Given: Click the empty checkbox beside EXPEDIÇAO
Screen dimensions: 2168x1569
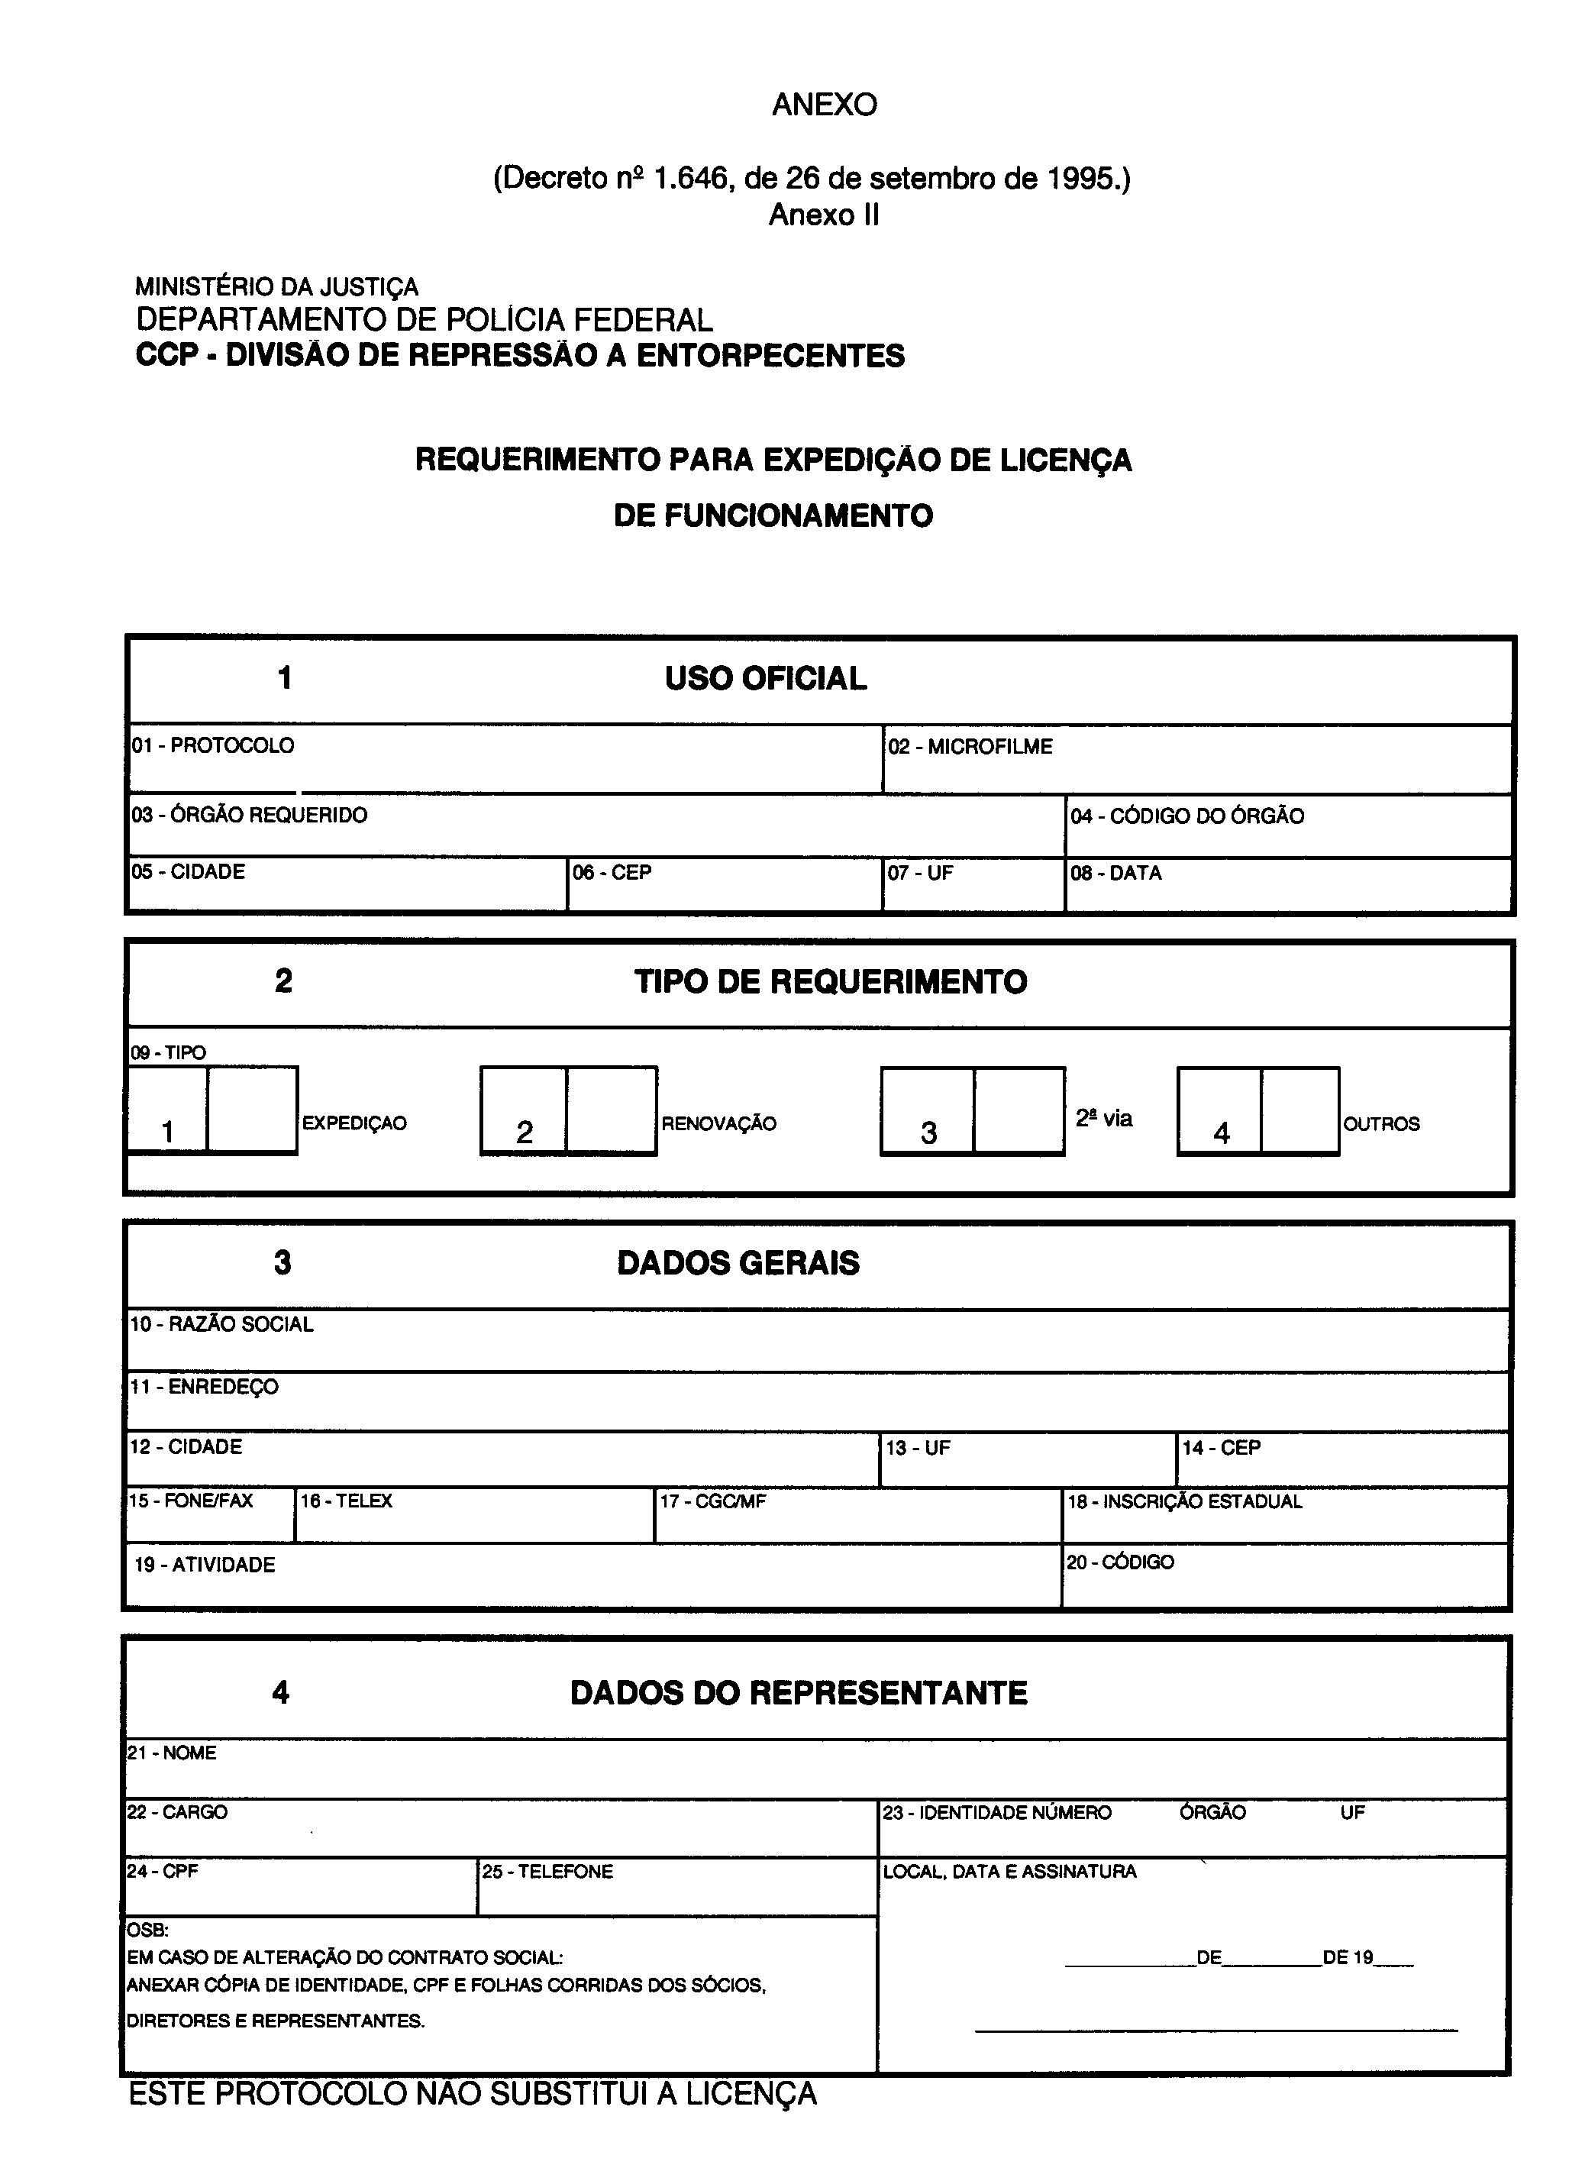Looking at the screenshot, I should [x=251, y=1110].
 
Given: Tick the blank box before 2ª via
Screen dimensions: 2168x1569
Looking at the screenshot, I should [x=1019, y=1111].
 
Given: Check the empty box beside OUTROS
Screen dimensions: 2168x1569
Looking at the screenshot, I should [x=1299, y=1111].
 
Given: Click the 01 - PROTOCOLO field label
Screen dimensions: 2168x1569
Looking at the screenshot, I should [x=213, y=745].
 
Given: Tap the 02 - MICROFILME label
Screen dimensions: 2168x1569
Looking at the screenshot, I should [x=970, y=747].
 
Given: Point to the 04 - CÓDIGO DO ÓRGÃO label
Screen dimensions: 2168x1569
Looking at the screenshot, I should [x=1186, y=816].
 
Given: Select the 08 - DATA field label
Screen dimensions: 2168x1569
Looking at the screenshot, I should [x=1115, y=873].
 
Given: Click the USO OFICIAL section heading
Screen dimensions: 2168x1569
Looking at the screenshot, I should [x=765, y=679].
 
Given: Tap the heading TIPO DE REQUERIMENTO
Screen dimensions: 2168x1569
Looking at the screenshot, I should [x=831, y=982].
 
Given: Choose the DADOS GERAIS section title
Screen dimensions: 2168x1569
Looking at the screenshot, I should [x=738, y=1263].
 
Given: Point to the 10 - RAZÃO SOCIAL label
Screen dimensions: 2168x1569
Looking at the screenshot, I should [x=221, y=1324].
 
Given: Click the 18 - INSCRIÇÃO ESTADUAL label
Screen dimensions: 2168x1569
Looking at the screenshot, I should [x=1184, y=1502].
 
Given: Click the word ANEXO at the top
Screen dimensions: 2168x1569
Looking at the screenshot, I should [x=824, y=105].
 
